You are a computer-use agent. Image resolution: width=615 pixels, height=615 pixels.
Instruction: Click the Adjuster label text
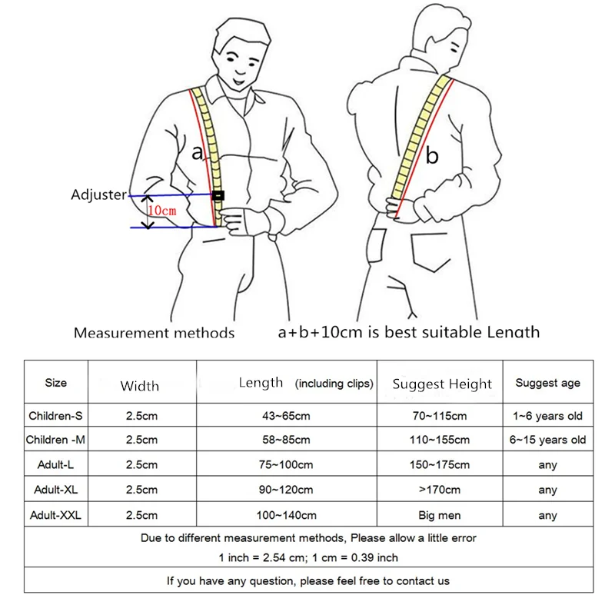(x=98, y=195)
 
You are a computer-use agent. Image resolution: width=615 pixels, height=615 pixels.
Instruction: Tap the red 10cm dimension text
(x=161, y=210)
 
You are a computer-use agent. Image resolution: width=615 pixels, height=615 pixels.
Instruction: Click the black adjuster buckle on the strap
(x=218, y=195)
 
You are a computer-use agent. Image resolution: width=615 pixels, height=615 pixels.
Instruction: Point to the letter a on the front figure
(x=197, y=153)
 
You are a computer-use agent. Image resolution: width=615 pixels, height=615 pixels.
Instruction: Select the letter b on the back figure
(x=432, y=157)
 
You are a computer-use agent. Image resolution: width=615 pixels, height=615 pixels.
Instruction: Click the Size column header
(x=56, y=383)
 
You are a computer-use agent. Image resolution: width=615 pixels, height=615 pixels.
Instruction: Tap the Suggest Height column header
(x=441, y=384)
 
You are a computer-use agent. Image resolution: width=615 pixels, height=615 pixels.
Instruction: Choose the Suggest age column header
(x=547, y=383)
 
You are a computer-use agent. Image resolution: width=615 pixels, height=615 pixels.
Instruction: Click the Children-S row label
(x=56, y=416)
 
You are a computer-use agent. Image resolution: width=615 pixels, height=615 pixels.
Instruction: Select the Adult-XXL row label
(x=56, y=515)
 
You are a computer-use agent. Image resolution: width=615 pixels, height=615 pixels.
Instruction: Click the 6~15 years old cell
(x=547, y=440)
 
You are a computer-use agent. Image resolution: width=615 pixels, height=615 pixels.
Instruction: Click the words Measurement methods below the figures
(x=154, y=333)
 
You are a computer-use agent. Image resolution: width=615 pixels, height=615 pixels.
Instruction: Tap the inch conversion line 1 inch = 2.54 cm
(x=307, y=557)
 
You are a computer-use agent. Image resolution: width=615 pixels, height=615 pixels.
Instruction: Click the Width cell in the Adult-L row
(x=141, y=465)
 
